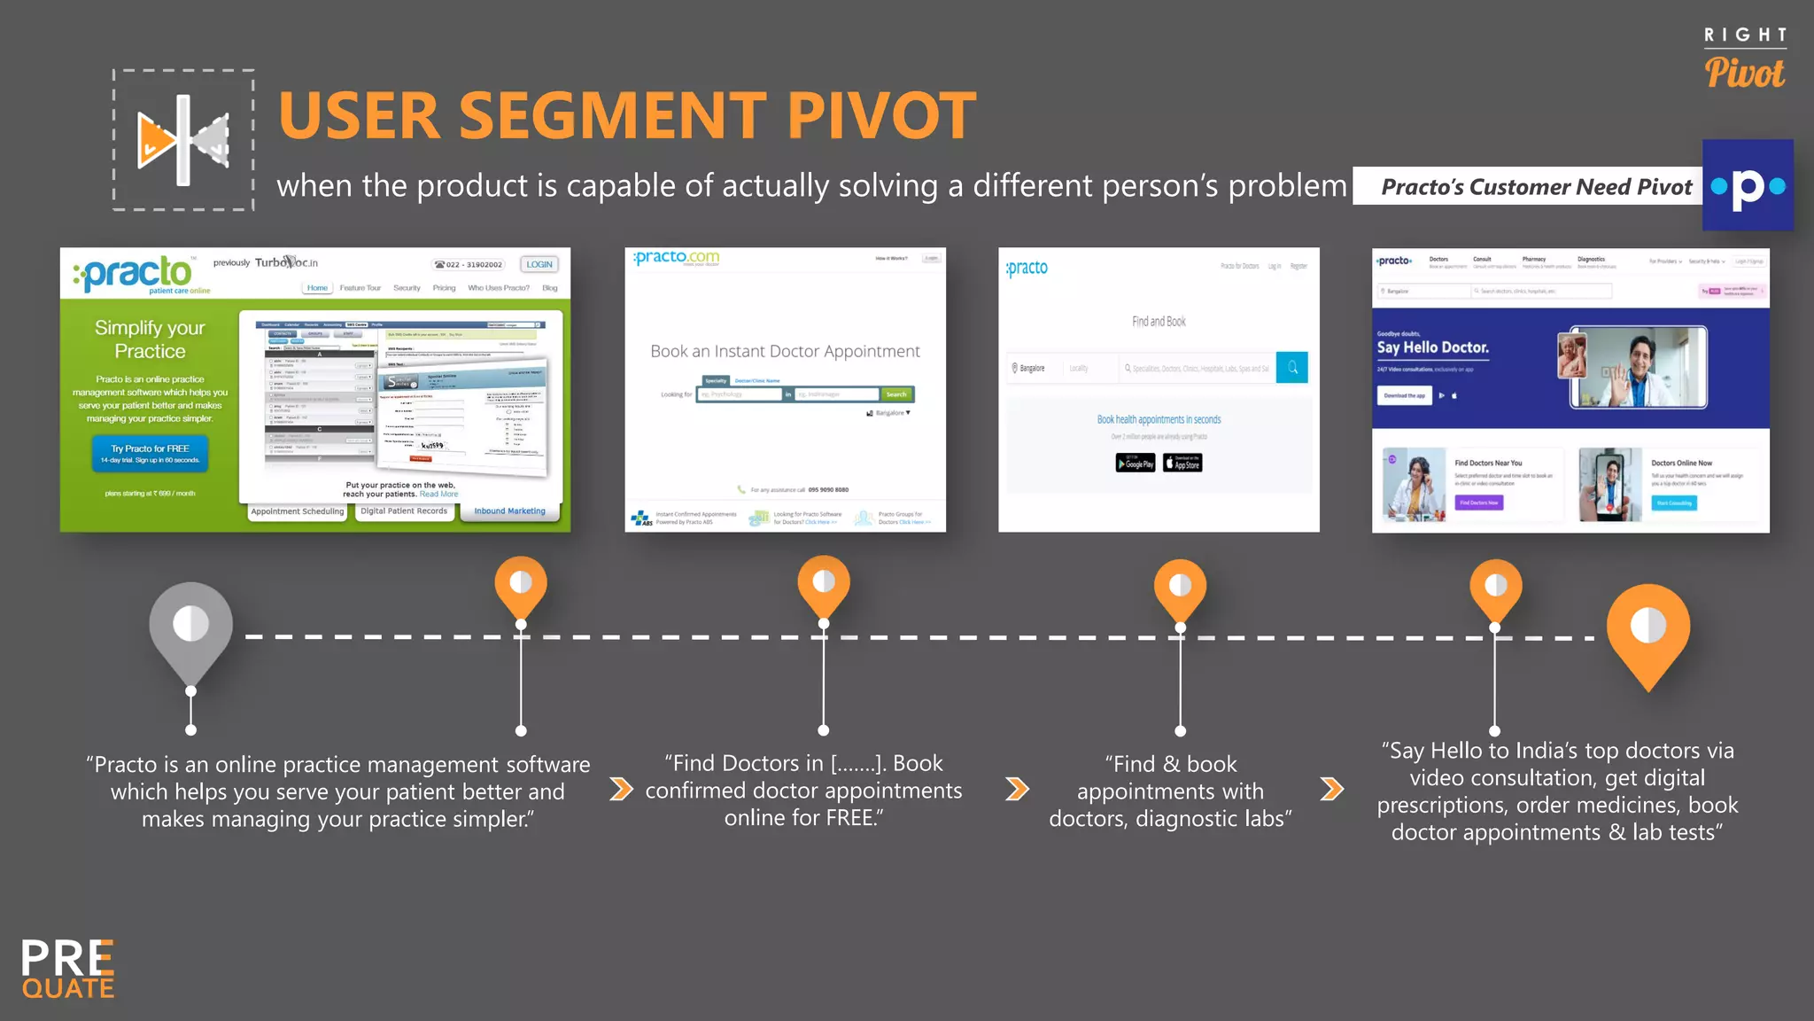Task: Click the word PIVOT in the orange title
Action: (881, 116)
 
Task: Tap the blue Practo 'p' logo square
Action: (1748, 185)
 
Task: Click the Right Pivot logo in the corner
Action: (1744, 59)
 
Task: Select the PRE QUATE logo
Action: (68, 969)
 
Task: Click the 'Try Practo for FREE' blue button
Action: (150, 453)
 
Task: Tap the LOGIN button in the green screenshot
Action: (539, 264)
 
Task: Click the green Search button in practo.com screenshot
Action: (896, 394)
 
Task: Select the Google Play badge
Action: (1135, 463)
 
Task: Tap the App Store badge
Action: (1182, 463)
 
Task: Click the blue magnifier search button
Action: (1292, 367)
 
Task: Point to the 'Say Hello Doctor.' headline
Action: (1432, 347)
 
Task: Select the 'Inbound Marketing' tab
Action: (509, 511)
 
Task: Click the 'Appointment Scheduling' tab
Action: (297, 511)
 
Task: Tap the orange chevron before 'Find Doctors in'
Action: (622, 789)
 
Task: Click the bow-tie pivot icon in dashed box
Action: (183, 140)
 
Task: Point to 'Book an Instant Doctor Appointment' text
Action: (785, 351)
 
